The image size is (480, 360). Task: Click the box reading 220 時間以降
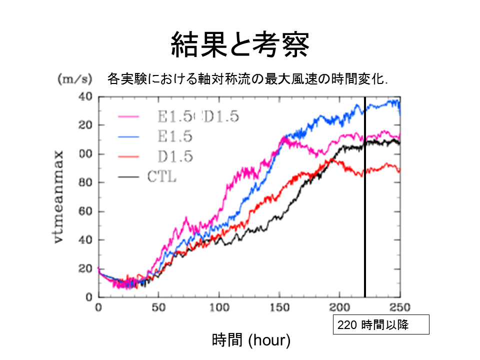click(x=381, y=324)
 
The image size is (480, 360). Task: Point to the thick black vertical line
click(x=365, y=200)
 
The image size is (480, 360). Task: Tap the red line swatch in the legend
click(x=128, y=157)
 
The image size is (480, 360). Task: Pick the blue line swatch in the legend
click(x=128, y=136)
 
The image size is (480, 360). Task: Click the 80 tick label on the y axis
click(x=86, y=182)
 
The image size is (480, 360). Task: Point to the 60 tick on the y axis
click(x=86, y=211)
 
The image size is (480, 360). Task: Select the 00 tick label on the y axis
click(x=86, y=154)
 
